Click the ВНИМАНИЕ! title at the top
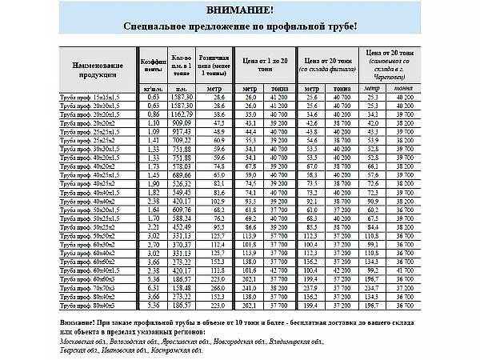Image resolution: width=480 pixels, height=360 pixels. pos(240,10)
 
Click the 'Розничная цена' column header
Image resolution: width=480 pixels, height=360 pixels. pos(214,63)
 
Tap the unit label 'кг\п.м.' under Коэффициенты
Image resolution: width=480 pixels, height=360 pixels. pos(154,87)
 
